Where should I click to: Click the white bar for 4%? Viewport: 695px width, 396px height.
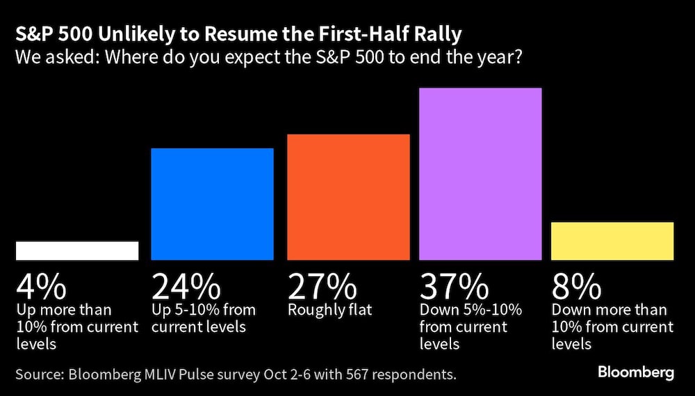click(76, 251)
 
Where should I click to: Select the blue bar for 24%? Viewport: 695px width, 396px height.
click(212, 204)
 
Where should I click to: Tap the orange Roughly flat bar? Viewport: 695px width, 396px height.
click(348, 197)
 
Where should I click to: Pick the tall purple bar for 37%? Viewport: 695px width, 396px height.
click(480, 174)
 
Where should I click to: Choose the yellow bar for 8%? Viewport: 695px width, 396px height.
click(612, 241)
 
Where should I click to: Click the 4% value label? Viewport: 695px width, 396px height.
click(41, 286)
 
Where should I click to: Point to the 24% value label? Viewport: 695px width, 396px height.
click(186, 286)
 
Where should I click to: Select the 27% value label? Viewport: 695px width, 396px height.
click(322, 286)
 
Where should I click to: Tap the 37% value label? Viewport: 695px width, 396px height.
click(455, 286)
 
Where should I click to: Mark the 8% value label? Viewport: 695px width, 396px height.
click(576, 286)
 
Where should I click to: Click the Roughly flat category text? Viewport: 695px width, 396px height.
click(330, 310)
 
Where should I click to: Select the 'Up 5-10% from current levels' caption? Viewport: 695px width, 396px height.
click(204, 318)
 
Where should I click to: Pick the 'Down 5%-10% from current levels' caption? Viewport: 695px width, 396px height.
click(471, 326)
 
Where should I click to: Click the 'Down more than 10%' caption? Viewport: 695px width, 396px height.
click(612, 326)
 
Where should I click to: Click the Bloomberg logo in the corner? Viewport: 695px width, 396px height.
click(636, 373)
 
